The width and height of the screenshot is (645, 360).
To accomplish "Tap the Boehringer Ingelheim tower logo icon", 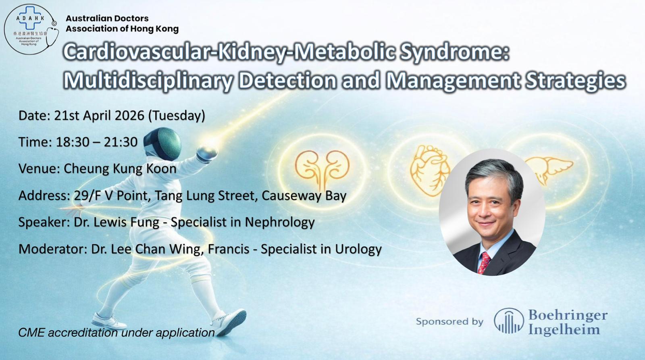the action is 509,321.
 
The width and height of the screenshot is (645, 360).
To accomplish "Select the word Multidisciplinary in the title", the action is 148,81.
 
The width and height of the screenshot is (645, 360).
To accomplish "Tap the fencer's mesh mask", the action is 163,144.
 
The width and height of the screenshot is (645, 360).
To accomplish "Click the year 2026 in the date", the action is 129,115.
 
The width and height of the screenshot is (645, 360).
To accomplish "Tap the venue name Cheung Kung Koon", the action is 120,169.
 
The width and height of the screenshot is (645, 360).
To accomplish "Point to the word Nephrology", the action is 280,223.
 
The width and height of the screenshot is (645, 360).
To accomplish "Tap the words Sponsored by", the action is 449,321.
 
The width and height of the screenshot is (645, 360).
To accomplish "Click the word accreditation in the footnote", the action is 82,333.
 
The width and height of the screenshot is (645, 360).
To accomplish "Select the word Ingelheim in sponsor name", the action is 564,329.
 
